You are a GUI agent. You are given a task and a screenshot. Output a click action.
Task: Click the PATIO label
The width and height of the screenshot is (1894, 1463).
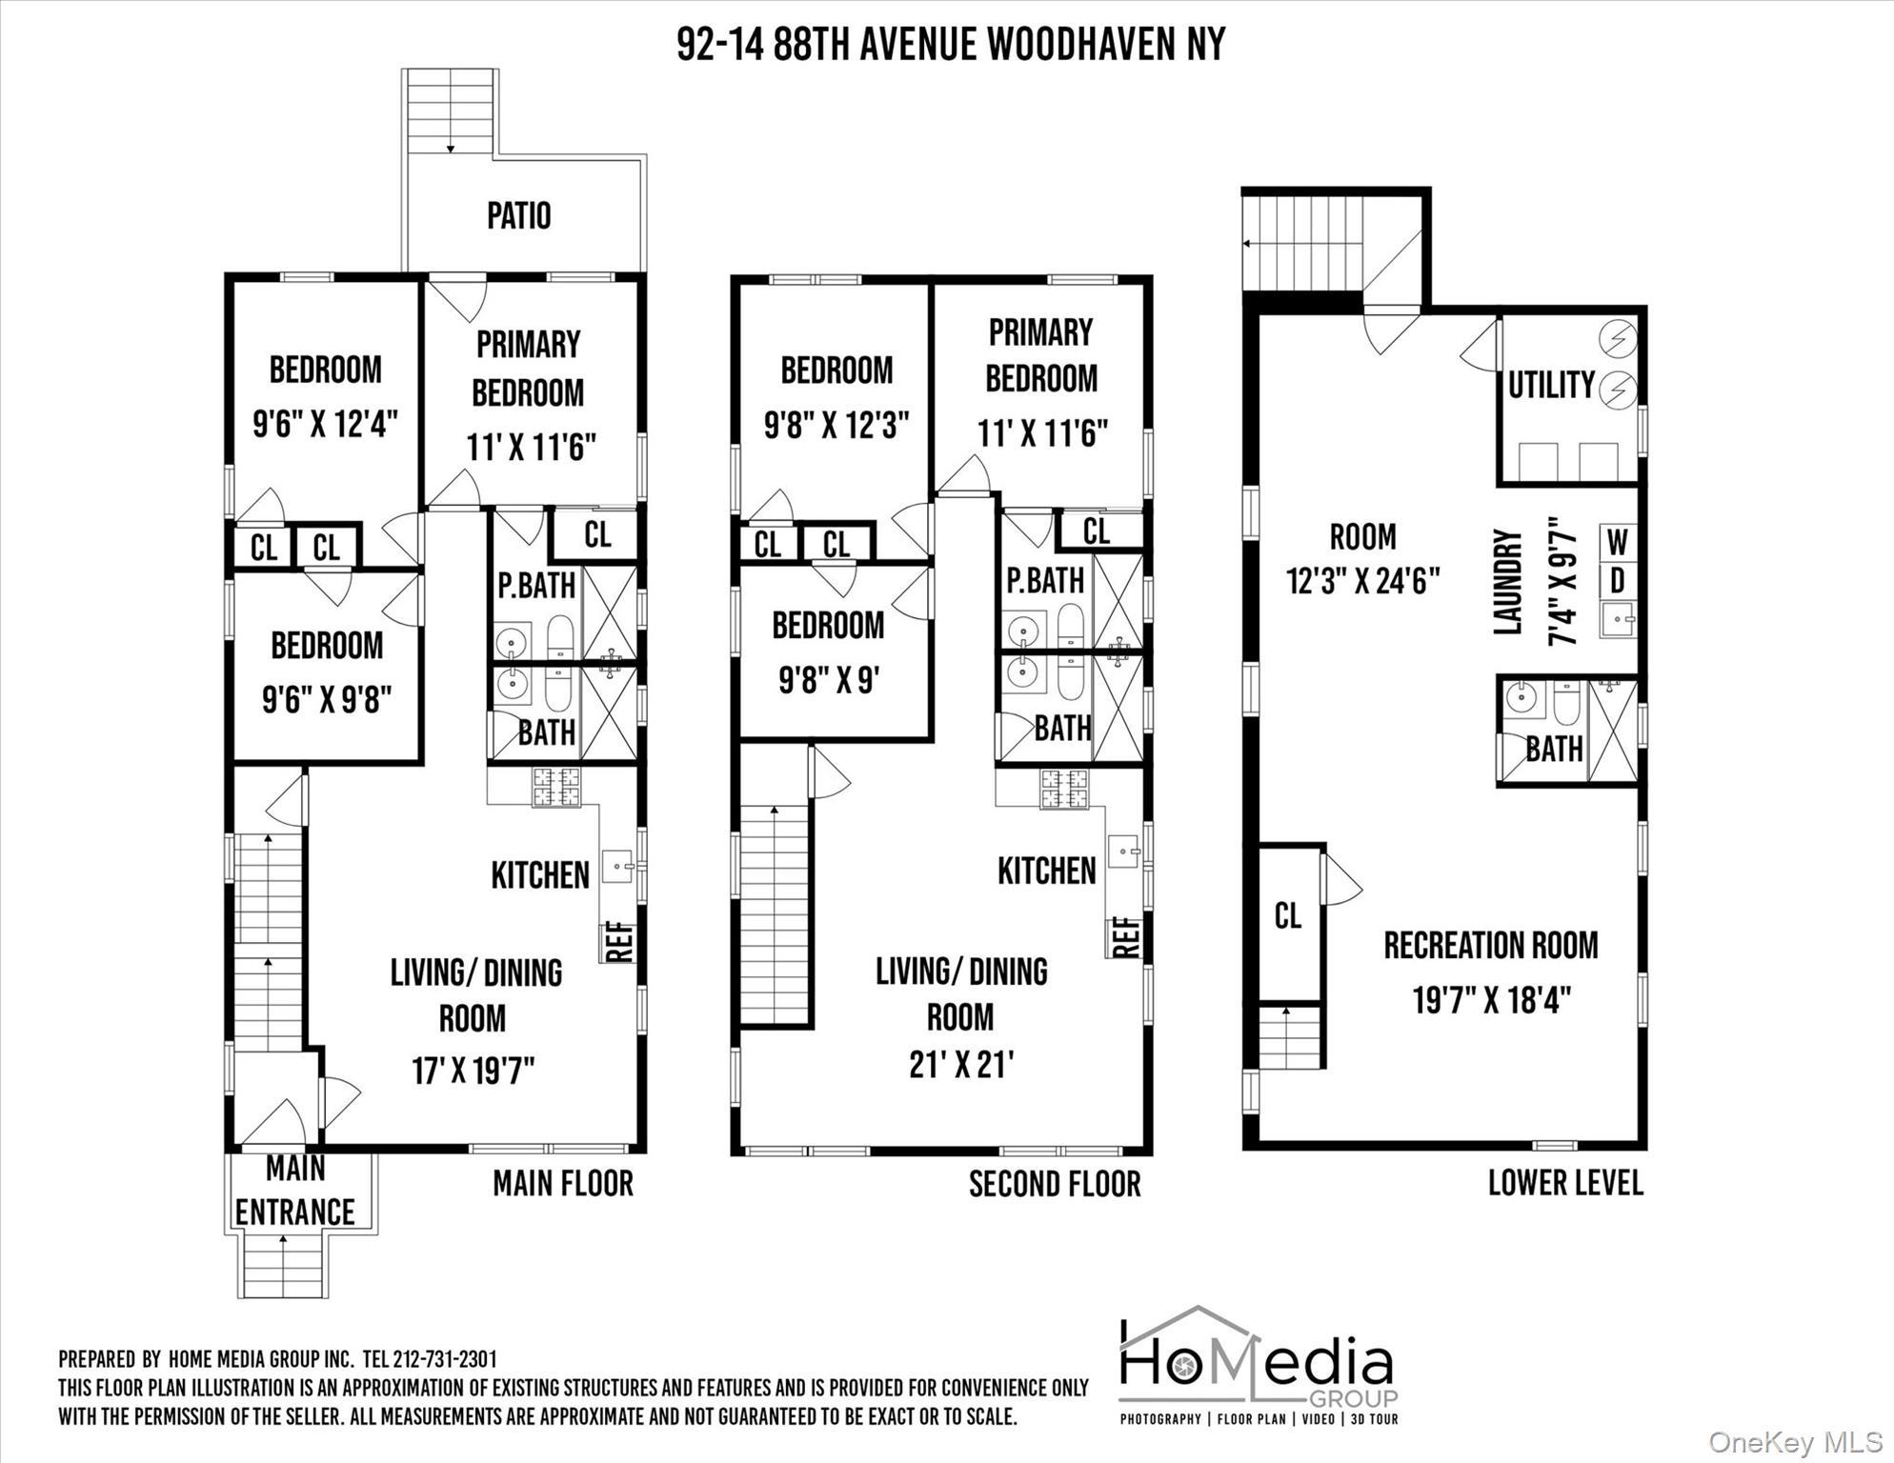[518, 215]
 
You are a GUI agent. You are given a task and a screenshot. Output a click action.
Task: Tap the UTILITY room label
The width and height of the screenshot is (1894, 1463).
[1551, 385]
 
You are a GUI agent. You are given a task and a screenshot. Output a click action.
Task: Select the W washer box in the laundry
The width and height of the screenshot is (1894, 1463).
[1617, 543]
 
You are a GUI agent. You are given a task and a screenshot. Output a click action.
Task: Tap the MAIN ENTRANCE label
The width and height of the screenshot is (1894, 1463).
[295, 1191]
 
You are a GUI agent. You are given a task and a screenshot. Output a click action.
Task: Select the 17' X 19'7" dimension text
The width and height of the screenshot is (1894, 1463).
[473, 1071]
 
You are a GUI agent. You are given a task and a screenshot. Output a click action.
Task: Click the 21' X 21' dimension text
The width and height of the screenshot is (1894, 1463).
[960, 1065]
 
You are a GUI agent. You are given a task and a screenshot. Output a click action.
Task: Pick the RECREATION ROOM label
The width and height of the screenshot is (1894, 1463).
[1491, 946]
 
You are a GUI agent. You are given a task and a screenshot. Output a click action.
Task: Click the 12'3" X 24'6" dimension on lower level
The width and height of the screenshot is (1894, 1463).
[1362, 581]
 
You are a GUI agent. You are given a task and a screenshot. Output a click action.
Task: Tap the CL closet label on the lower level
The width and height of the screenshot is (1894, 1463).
[1287, 916]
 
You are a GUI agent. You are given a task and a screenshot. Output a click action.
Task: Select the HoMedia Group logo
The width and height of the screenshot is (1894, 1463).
[1258, 1367]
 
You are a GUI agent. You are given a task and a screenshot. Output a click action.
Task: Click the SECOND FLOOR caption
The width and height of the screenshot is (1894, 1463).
[1054, 1184]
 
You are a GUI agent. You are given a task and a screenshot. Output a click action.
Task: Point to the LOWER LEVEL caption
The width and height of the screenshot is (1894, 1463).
[1565, 1183]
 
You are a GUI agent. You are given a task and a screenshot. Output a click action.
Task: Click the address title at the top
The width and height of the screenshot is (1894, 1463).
[950, 44]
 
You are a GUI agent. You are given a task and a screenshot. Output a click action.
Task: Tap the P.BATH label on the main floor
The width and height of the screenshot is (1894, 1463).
[535, 585]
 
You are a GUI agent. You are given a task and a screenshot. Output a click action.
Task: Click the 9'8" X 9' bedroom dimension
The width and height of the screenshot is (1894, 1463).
[828, 680]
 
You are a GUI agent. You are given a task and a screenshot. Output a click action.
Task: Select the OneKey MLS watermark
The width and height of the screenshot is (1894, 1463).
[1796, 1442]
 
